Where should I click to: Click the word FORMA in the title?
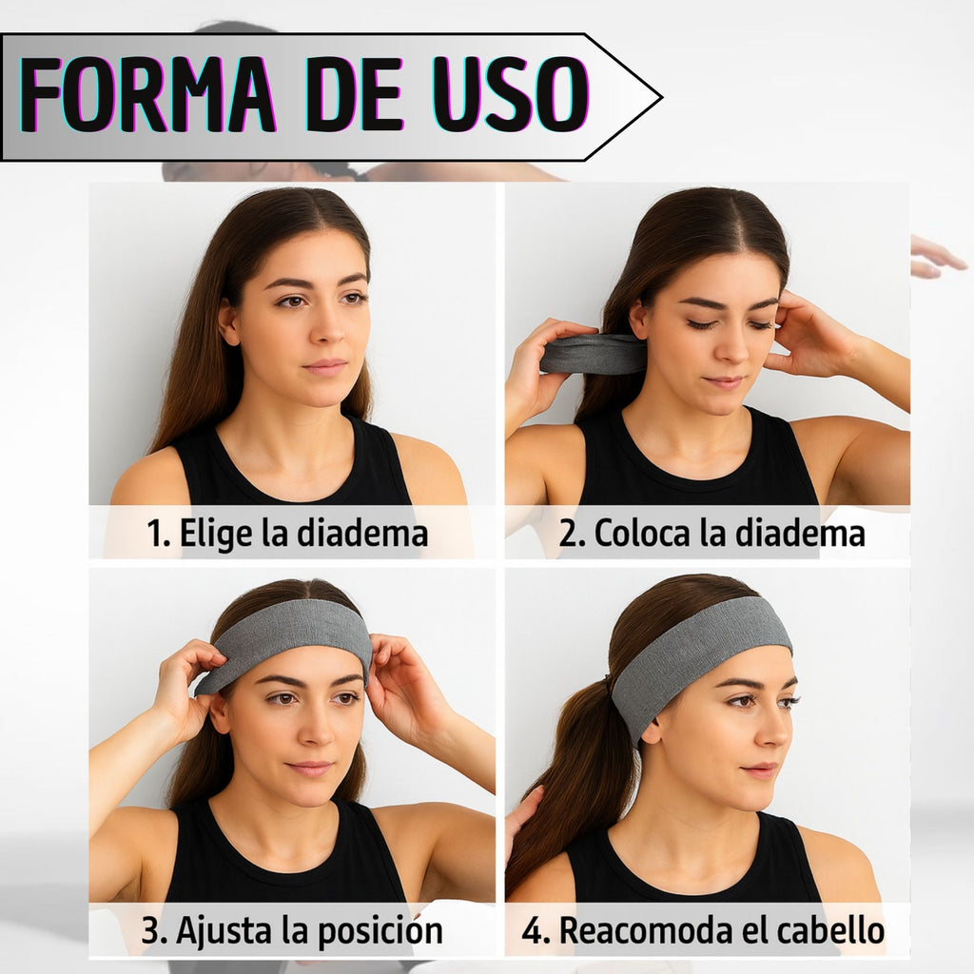(x=147, y=94)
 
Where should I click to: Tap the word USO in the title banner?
(x=510, y=94)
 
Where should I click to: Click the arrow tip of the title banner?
(x=662, y=98)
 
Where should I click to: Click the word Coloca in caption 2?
(x=642, y=533)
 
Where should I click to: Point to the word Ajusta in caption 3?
(x=224, y=930)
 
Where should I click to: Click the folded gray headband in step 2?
(x=593, y=354)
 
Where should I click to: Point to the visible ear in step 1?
(x=229, y=322)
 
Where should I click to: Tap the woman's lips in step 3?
(x=310, y=769)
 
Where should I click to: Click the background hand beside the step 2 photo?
(x=937, y=257)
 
